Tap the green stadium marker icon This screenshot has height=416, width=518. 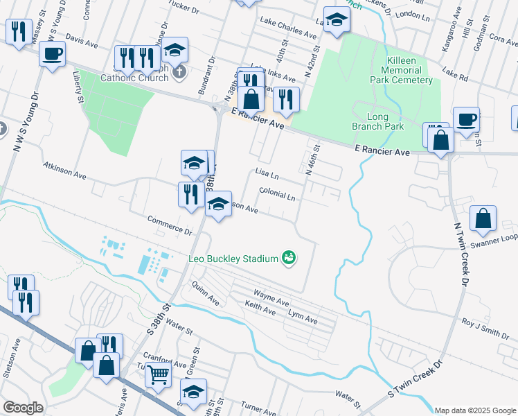point(289,259)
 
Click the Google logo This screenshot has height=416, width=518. point(23,408)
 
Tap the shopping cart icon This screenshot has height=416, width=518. point(158,375)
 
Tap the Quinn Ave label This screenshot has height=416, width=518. point(206,297)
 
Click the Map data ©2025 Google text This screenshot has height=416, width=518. point(474,410)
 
